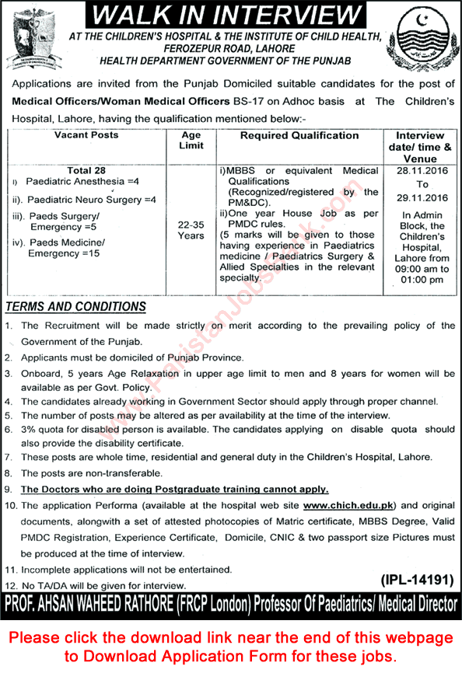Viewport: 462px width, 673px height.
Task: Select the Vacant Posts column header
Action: click(x=86, y=135)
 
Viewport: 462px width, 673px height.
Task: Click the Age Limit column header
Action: click(x=191, y=141)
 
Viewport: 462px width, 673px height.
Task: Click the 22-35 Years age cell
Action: click(x=191, y=229)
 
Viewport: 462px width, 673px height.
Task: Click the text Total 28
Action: click(x=86, y=169)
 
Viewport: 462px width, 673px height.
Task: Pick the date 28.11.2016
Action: click(x=419, y=169)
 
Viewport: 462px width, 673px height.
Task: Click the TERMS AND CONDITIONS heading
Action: click(x=75, y=307)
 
